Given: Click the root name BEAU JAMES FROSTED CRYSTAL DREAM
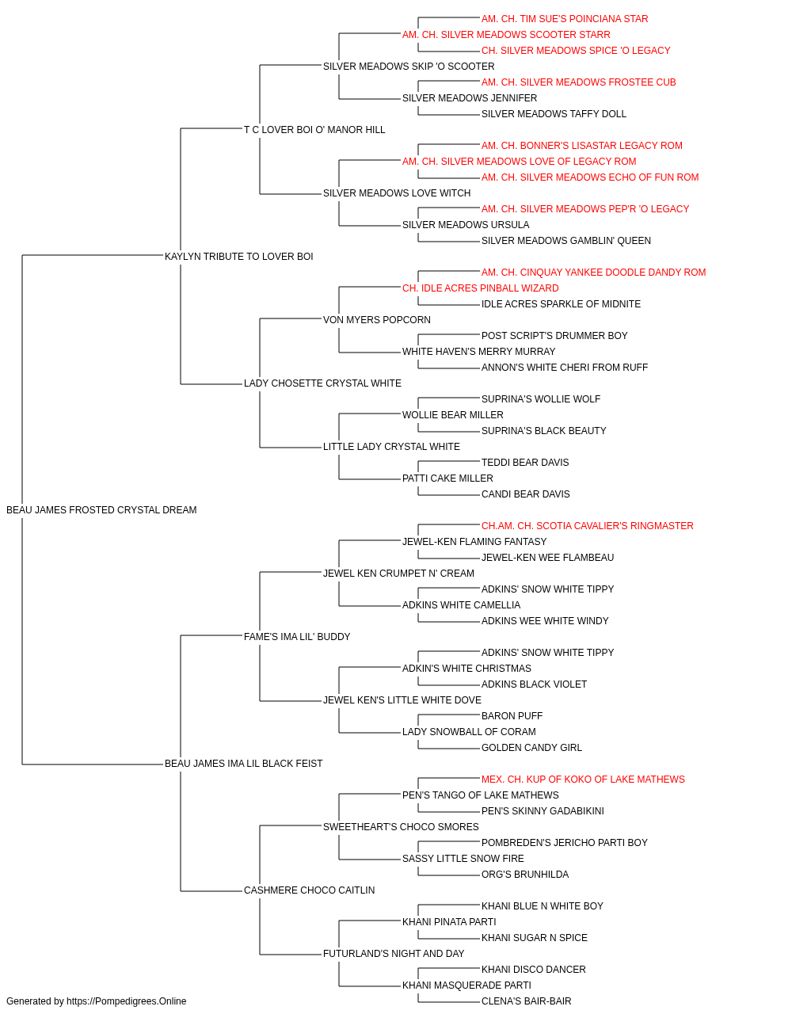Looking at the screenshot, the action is click(x=101, y=510).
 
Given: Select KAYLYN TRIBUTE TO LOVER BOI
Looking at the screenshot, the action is click(x=239, y=256).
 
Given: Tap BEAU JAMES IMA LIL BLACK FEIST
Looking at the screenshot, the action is click(x=243, y=764).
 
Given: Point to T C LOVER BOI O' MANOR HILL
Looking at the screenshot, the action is click(x=314, y=130).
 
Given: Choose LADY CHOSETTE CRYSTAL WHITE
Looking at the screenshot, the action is click(x=322, y=383).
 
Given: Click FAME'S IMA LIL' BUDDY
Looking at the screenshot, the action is click(x=297, y=636).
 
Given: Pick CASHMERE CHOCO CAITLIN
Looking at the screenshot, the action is click(x=309, y=890).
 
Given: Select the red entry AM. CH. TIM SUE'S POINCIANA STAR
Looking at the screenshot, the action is click(x=565, y=19).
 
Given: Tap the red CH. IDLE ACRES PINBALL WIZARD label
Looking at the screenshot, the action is click(x=481, y=288).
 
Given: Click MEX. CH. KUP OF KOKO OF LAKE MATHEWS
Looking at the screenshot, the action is click(x=583, y=780).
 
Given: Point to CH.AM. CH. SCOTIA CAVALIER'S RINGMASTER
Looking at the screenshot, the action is click(x=587, y=526).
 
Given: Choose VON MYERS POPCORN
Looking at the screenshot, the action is click(x=377, y=319).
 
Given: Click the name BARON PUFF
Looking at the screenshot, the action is click(x=512, y=716).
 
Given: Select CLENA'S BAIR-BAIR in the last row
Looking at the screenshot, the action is click(x=526, y=1001).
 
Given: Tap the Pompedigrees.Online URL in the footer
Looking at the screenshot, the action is click(x=127, y=1001).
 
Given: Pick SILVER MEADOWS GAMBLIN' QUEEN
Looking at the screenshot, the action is click(x=566, y=240).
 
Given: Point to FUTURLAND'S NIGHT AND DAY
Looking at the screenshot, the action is click(x=394, y=953).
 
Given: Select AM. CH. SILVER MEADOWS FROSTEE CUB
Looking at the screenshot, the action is click(x=578, y=82).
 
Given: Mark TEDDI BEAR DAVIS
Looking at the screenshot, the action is click(x=525, y=463).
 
